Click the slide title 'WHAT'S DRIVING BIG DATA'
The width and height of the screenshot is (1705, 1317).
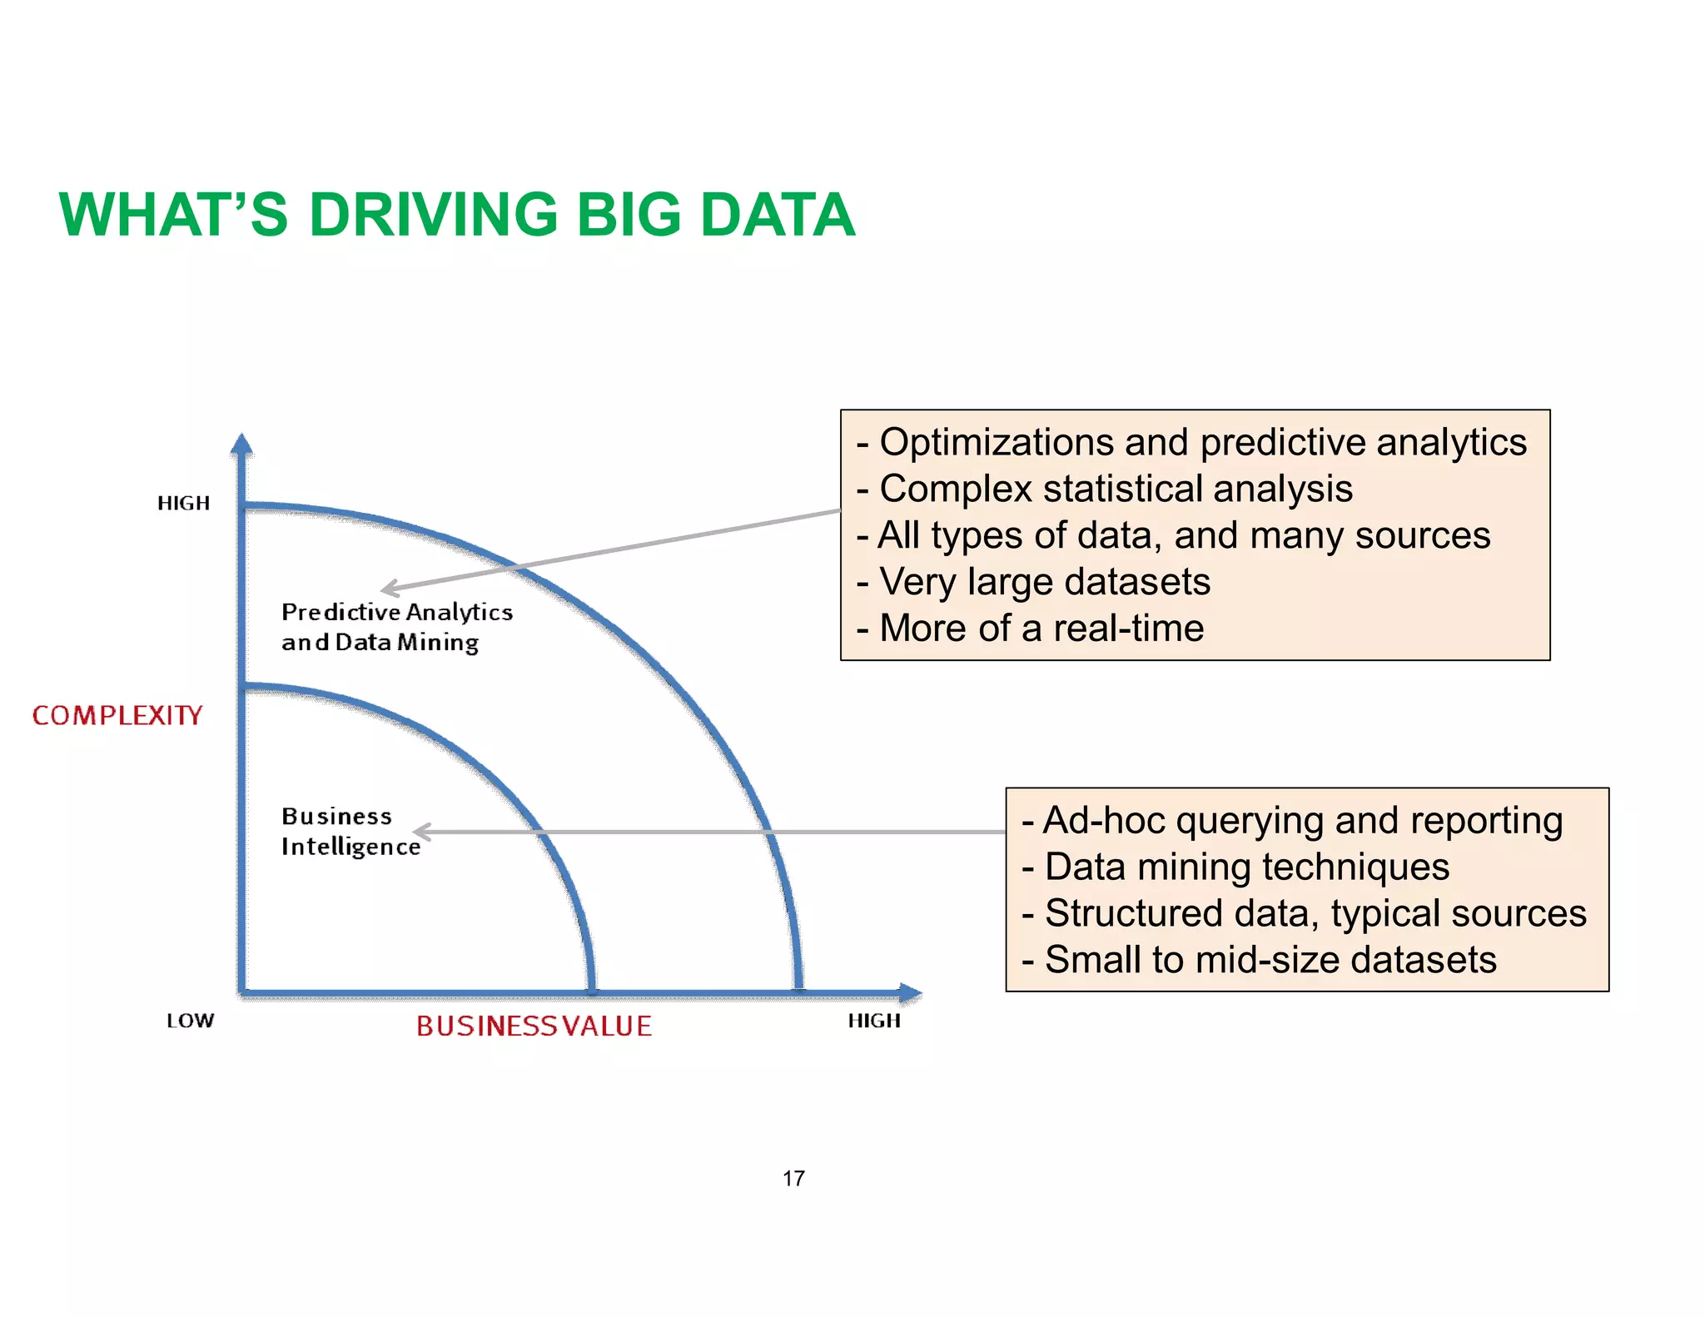click(x=457, y=215)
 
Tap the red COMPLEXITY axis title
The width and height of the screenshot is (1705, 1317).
click(x=117, y=715)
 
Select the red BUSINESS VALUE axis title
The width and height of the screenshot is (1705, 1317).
click(x=534, y=1026)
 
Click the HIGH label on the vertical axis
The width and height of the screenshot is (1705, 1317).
click(x=183, y=503)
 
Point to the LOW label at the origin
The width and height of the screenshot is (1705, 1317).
click(x=190, y=1021)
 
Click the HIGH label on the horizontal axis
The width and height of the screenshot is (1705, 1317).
click(x=874, y=1021)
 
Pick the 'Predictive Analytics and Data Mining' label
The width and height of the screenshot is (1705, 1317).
click(x=396, y=627)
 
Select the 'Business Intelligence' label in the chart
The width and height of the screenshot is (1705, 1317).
click(x=350, y=831)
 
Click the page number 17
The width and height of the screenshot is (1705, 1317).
click(x=793, y=1178)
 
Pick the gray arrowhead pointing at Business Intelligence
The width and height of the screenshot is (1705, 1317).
click(x=421, y=831)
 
